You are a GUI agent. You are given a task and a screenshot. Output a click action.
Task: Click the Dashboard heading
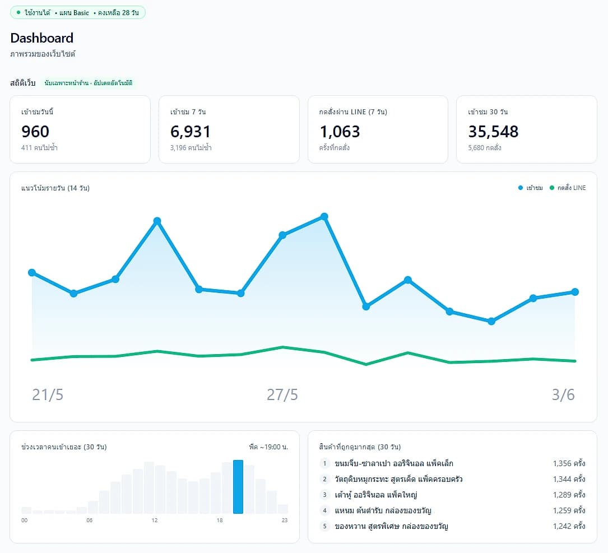click(x=42, y=38)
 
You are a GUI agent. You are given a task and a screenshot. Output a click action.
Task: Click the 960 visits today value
click(x=35, y=132)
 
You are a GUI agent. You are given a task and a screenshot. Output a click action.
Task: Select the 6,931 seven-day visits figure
click(x=191, y=132)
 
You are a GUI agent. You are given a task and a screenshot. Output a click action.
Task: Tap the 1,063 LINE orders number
click(x=340, y=132)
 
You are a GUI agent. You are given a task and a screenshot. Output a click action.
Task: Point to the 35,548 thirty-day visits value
click(x=493, y=132)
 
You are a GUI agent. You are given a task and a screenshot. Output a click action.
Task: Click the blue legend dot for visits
click(x=521, y=188)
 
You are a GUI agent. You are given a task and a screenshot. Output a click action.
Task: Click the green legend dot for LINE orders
click(x=552, y=188)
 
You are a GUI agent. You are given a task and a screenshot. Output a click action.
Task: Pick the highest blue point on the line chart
click(x=324, y=216)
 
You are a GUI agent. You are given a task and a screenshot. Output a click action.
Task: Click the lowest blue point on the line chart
click(x=491, y=321)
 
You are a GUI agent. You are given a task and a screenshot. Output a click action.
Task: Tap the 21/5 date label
click(x=47, y=395)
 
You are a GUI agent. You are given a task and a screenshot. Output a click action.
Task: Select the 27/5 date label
click(x=282, y=395)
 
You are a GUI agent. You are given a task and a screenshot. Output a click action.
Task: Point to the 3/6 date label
click(x=563, y=395)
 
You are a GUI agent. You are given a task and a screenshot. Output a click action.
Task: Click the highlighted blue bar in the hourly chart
click(x=238, y=487)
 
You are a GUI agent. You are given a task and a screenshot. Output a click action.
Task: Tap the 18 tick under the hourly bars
click(x=220, y=521)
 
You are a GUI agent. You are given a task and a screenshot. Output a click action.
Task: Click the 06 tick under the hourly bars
click(x=89, y=521)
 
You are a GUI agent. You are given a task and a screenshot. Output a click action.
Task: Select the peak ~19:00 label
click(x=268, y=447)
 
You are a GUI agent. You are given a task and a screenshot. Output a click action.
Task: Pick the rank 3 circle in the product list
click(x=324, y=495)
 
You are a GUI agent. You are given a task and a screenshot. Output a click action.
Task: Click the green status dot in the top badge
click(x=18, y=12)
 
